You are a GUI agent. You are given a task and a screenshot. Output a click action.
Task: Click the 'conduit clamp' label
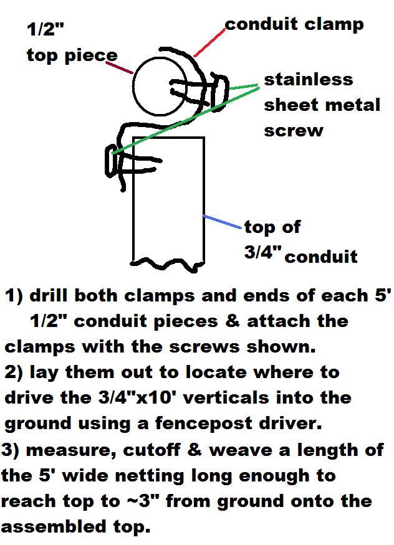294,25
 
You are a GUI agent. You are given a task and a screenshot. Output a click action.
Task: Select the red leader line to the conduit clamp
209,44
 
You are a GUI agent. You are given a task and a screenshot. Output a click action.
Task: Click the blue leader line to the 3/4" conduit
222,222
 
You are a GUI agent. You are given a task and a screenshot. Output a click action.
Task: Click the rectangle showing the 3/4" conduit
169,199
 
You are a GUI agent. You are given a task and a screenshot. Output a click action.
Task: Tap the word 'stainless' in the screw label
309,80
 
